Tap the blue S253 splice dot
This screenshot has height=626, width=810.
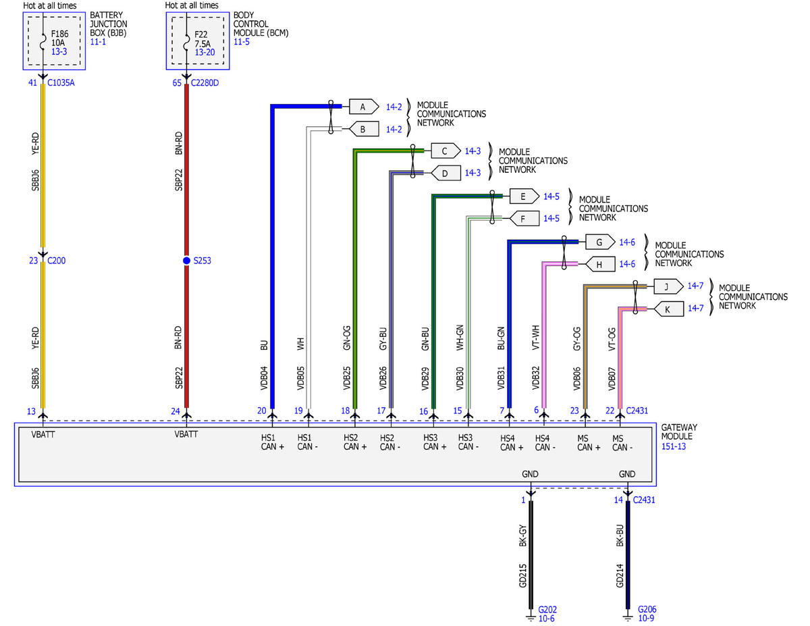coord(186,261)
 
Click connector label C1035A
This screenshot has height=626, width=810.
coord(62,83)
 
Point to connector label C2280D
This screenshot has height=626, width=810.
coord(206,83)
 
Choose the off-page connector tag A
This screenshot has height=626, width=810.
coord(363,106)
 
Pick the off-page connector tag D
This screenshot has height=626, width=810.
coord(445,173)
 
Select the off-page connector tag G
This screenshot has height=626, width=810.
coord(599,242)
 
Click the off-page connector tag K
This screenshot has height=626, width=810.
coord(668,309)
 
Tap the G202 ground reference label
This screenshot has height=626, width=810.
coord(547,609)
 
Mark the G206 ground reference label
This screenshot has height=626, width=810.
coord(647,609)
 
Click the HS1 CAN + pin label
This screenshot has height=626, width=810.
coord(273,442)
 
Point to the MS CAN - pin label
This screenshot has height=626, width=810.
coord(622,442)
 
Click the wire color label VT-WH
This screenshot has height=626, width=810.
coord(537,337)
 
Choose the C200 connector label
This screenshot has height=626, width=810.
coord(59,261)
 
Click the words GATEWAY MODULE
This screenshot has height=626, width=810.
coord(679,432)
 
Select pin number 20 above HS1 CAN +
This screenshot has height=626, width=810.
coord(262,410)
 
